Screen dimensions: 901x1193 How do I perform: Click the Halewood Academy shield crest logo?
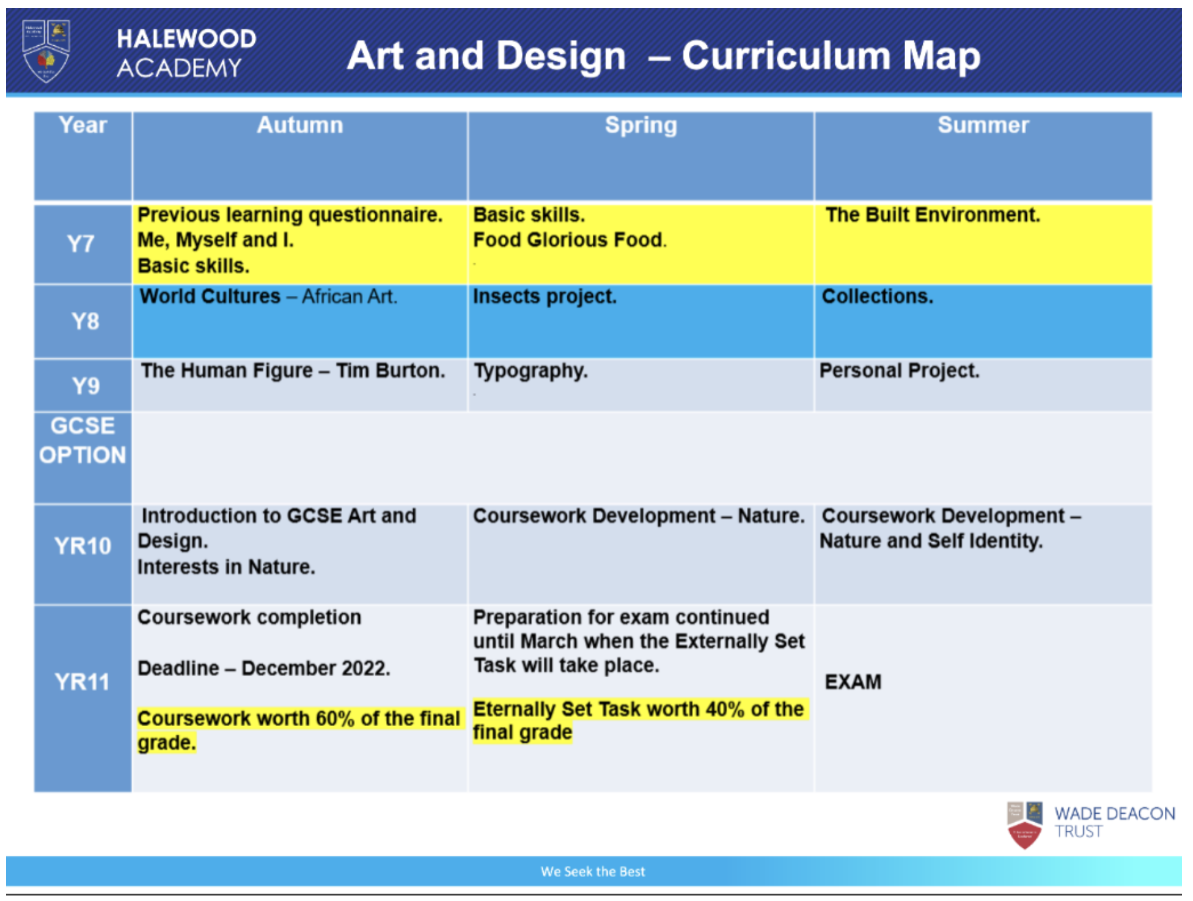46,51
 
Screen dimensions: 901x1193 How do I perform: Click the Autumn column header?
299,125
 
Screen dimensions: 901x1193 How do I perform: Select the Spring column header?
641,125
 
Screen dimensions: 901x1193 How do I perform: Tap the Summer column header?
983,125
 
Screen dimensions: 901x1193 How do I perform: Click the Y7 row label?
81,244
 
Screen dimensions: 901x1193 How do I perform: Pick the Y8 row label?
84,321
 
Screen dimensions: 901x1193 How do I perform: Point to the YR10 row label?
83,546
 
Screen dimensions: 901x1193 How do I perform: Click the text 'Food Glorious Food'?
568,240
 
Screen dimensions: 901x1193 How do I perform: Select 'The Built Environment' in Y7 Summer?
932,215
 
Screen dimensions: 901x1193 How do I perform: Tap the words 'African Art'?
349,297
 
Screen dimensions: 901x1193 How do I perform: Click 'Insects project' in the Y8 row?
544,297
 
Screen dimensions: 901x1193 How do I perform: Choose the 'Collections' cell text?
877,297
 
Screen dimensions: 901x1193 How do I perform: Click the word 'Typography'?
530,371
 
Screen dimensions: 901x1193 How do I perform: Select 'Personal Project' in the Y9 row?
898,371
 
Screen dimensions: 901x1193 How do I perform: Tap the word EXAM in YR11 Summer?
853,682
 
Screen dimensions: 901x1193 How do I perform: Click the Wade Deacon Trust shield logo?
1024,825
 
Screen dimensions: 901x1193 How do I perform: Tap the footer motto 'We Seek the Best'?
592,872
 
